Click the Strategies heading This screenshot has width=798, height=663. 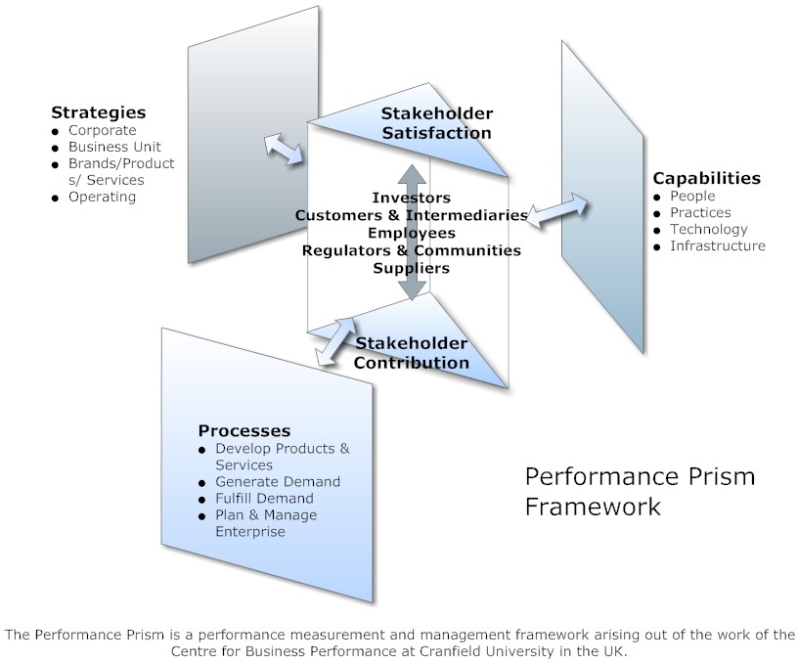tap(98, 112)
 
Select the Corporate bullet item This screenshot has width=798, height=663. tap(102, 130)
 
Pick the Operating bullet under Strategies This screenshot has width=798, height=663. tap(102, 197)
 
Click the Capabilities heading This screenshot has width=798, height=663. tap(706, 178)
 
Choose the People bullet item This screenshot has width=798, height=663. tap(692, 196)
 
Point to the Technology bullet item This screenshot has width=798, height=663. tap(708, 229)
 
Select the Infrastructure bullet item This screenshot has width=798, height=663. tap(717, 245)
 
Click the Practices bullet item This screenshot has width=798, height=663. tap(700, 212)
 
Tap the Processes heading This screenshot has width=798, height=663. tap(244, 430)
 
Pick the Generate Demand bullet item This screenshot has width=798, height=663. tap(277, 481)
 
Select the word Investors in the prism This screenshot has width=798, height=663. tap(412, 198)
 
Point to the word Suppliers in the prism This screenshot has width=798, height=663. tap(412, 267)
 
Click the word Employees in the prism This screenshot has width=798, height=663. tap(412, 233)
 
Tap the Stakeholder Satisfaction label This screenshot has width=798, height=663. tap(436, 123)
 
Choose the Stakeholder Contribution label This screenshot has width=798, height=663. tap(411, 353)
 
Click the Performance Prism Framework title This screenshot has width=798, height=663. tap(640, 491)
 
